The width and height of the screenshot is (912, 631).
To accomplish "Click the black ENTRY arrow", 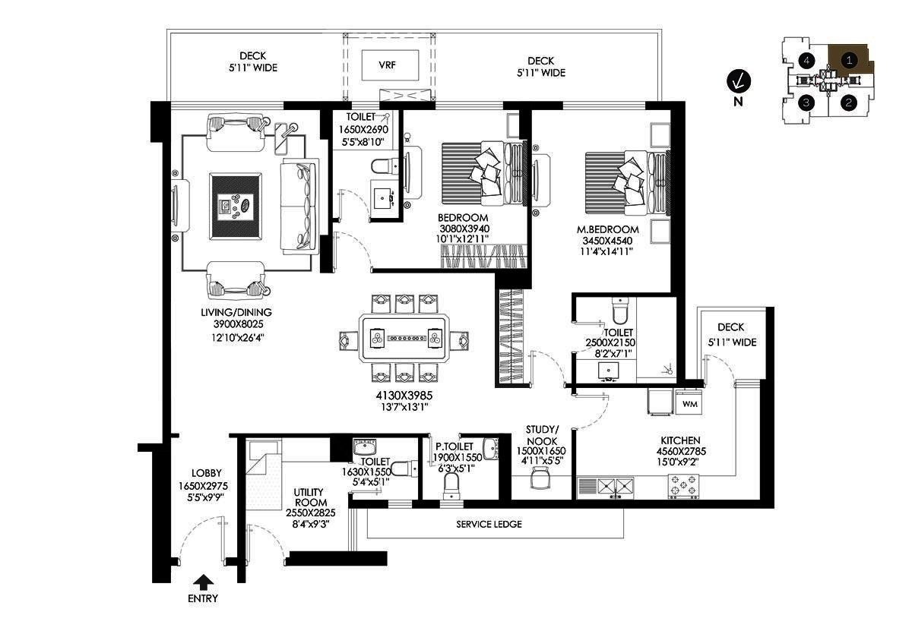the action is pyautogui.click(x=203, y=582).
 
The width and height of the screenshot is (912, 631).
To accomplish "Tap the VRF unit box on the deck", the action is pyautogui.click(x=390, y=65).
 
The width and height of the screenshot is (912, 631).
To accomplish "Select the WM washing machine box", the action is pyautogui.click(x=689, y=403).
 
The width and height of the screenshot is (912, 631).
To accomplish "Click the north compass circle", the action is pyautogui.click(x=739, y=81).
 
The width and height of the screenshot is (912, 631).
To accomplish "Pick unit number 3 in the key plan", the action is pyautogui.click(x=806, y=102).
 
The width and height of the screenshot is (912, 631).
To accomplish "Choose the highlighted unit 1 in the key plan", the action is pyautogui.click(x=849, y=60).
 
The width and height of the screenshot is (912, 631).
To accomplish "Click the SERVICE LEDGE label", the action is pyautogui.click(x=489, y=524).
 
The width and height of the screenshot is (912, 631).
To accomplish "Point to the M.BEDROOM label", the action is pyautogui.click(x=607, y=229).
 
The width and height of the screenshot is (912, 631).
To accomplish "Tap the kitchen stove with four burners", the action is pyautogui.click(x=683, y=487).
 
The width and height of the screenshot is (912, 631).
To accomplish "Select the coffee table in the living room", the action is pyautogui.click(x=236, y=207).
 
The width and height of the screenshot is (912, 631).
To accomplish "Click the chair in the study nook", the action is pyautogui.click(x=540, y=478).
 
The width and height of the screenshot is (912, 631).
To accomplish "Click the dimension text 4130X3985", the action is pyautogui.click(x=404, y=396).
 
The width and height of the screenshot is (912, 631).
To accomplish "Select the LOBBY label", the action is pyautogui.click(x=207, y=473).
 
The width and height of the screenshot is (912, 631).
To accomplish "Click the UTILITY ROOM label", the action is pyautogui.click(x=309, y=497).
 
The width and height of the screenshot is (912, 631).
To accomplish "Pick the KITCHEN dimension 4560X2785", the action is pyautogui.click(x=681, y=451).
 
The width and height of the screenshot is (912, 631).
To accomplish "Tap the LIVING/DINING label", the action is pyautogui.click(x=236, y=312).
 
